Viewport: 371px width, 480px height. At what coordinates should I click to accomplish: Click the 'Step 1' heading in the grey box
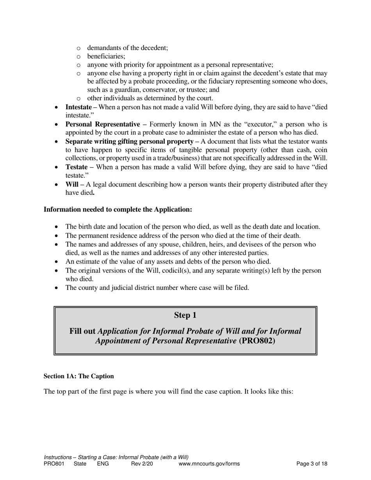click(185, 315)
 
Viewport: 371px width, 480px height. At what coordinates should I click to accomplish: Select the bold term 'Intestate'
click(78, 107)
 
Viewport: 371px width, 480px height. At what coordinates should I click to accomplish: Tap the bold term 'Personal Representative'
click(102, 124)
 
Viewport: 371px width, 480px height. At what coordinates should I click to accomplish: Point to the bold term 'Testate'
click(76, 167)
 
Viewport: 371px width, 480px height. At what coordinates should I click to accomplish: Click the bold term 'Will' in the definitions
click(72, 184)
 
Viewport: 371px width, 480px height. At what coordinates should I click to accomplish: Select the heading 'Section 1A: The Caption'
click(78, 376)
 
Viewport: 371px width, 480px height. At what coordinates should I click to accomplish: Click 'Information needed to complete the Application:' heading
click(118, 210)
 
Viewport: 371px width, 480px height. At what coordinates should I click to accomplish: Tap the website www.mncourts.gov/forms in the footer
click(209, 464)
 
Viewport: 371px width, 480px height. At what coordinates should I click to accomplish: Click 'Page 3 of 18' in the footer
click(312, 464)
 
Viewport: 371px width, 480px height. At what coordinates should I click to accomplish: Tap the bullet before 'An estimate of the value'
click(57, 262)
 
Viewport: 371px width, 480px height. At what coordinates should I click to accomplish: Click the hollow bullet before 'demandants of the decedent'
click(78, 48)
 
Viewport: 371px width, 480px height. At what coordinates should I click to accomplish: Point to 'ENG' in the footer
click(103, 464)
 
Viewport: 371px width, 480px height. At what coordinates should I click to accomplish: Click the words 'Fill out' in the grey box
click(82, 331)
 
